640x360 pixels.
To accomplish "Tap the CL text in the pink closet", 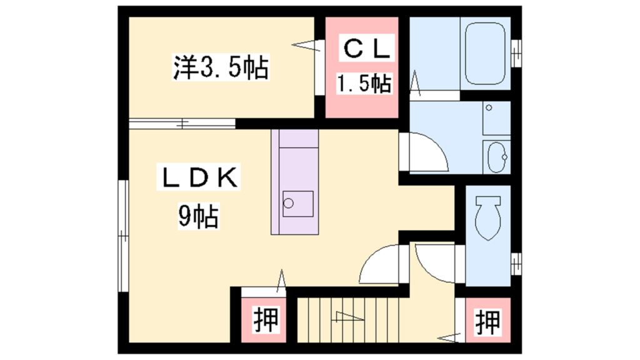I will (x=366, y=49).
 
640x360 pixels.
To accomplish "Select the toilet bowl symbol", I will (x=487, y=218).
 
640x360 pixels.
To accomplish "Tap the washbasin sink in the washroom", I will (x=497, y=156).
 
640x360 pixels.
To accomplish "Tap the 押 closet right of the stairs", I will (x=487, y=322).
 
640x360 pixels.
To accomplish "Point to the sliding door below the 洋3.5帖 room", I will (x=181, y=123).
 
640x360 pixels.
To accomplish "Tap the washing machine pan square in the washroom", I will (x=497, y=118).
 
